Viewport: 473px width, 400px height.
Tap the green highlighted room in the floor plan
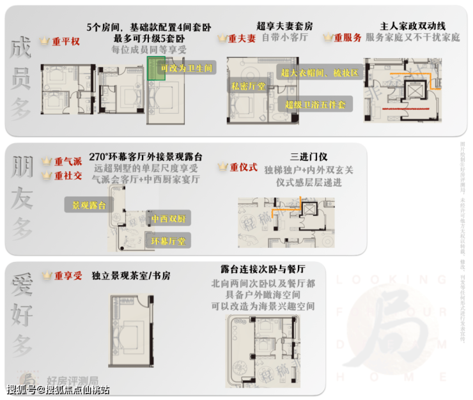[x=155, y=68]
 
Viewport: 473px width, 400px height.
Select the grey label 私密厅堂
[x=248, y=84]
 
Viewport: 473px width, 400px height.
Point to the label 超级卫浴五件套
[x=315, y=104]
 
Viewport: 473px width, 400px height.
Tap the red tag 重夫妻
[x=242, y=38]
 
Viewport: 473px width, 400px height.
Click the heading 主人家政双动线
[x=412, y=27]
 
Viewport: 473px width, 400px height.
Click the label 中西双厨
[x=168, y=219]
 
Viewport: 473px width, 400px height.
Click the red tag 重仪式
[x=244, y=167]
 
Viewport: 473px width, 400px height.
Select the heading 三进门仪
[x=309, y=157]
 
